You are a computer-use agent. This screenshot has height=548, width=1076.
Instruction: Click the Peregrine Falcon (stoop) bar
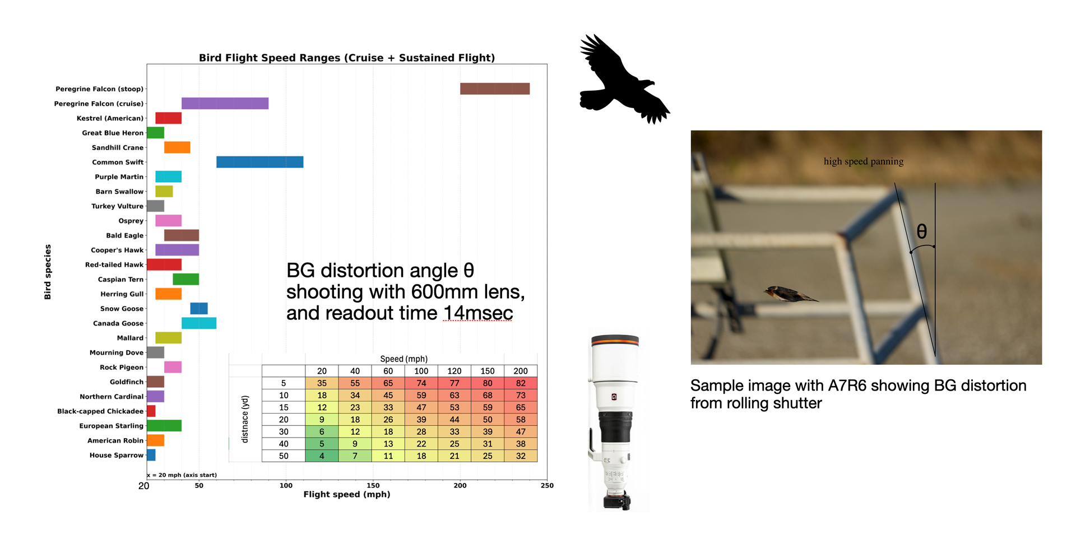(495, 89)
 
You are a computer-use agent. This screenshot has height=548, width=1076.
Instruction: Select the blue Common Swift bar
(260, 162)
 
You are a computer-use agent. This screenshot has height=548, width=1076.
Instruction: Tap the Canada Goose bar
(199, 323)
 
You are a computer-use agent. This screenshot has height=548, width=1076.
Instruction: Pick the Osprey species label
(131, 221)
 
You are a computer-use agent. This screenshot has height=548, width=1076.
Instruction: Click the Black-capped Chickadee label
(100, 411)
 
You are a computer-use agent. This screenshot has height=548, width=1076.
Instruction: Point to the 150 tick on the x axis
(373, 485)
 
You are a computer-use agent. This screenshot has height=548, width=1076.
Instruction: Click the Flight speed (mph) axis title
(347, 494)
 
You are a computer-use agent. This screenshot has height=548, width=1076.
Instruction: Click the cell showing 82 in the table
(521, 383)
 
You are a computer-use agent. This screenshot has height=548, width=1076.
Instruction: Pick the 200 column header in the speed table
(521, 371)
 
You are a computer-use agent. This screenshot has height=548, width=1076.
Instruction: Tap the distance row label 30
(284, 432)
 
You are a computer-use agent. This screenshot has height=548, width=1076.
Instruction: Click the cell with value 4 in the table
(322, 456)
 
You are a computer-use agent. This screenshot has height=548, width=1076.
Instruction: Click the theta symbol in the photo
(922, 231)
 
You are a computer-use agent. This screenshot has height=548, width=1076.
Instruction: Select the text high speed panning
(864, 161)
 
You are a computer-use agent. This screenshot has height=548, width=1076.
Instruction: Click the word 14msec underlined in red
(478, 313)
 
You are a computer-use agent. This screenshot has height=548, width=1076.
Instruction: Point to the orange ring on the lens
(615, 340)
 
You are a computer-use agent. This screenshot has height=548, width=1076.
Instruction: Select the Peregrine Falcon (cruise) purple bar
(225, 103)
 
